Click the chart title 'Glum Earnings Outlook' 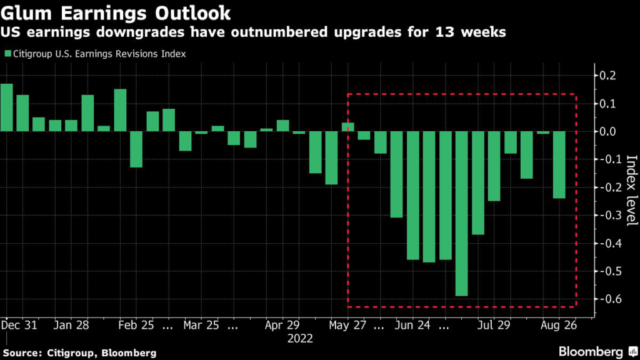(115, 12)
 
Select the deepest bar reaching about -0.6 (462, 213)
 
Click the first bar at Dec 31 (6, 107)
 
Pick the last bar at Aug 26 (559, 164)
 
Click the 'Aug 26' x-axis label (559, 326)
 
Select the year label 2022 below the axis (300, 338)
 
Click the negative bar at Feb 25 (136, 149)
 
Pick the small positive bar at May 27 (348, 127)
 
